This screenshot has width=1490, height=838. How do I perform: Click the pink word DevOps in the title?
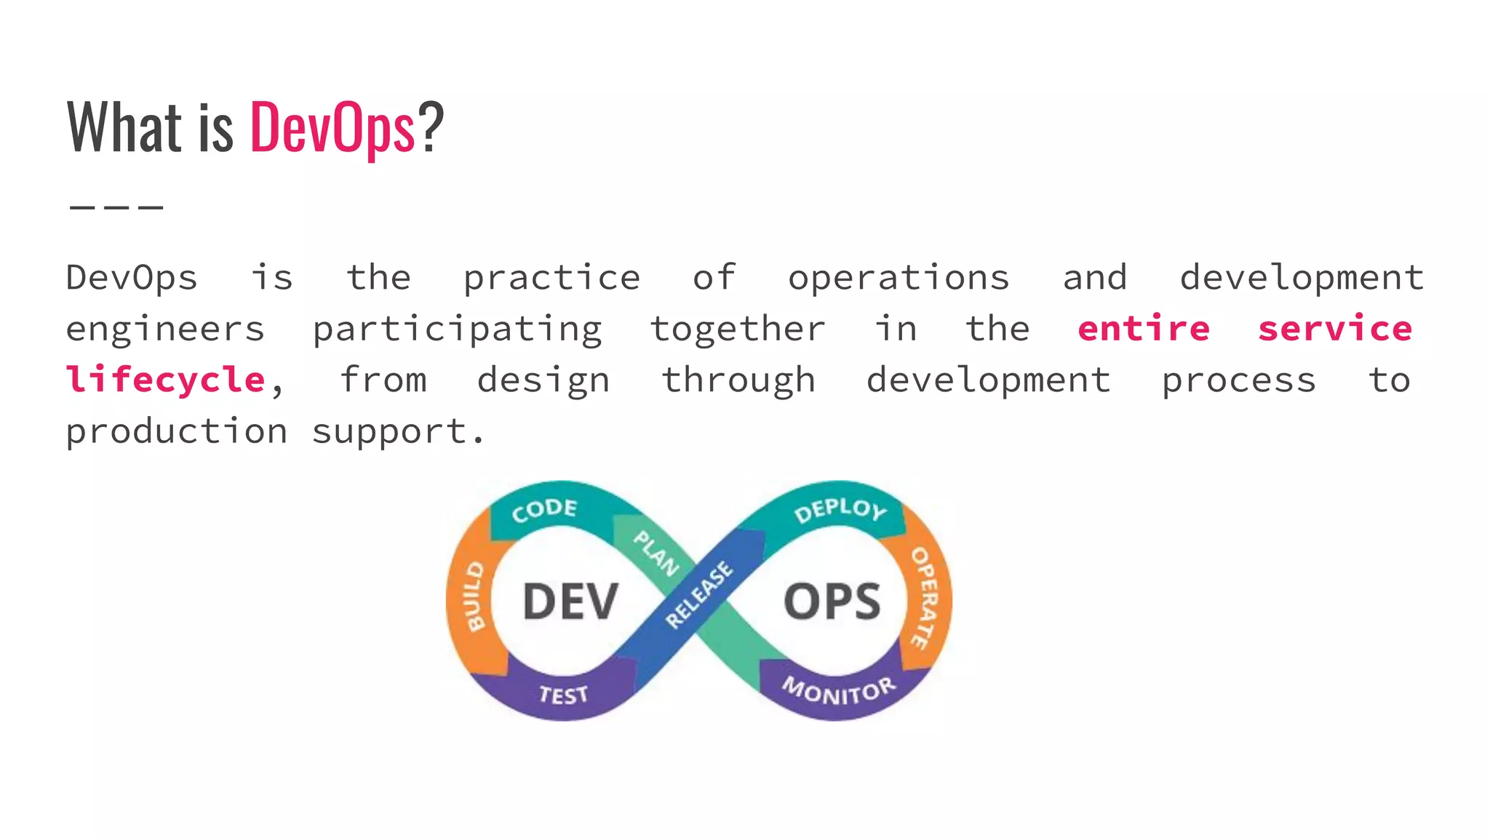click(x=332, y=128)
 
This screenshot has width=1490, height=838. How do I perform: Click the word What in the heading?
click(x=124, y=128)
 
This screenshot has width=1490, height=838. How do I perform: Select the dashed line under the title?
click(x=116, y=207)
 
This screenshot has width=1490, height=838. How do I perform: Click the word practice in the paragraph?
click(x=551, y=279)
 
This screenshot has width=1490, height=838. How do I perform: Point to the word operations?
click(x=899, y=279)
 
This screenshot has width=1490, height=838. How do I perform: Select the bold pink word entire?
click(x=1143, y=329)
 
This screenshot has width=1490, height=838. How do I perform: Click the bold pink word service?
click(x=1335, y=329)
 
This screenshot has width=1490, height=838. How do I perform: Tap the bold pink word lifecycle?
click(x=166, y=380)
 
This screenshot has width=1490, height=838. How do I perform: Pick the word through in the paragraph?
click(x=738, y=380)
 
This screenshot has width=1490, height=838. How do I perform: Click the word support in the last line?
click(x=390, y=432)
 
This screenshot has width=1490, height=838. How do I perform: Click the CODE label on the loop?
click(x=544, y=509)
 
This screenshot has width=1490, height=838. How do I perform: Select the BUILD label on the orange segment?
click(x=474, y=596)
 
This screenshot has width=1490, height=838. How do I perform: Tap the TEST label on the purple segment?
click(x=563, y=695)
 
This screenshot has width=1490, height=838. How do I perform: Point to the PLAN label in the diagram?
click(x=656, y=553)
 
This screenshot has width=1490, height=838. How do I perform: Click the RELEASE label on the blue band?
click(x=699, y=594)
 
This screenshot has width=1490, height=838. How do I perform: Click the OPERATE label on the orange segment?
click(x=925, y=598)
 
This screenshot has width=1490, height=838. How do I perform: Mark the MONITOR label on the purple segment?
click(x=839, y=690)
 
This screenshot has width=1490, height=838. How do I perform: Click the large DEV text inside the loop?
click(x=570, y=602)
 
